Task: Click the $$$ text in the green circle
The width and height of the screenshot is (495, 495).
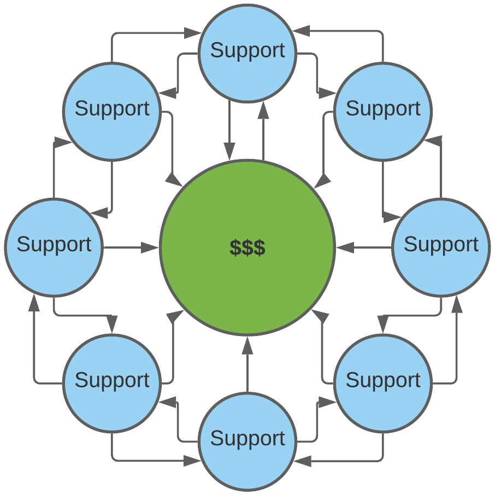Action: (247, 247)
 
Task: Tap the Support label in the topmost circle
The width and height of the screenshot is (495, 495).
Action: (247, 50)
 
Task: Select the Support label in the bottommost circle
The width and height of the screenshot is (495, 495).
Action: (247, 438)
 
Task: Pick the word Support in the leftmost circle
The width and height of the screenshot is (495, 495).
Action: (54, 244)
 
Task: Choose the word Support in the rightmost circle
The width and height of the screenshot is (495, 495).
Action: (441, 244)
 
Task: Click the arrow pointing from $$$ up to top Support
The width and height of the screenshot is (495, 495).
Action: (264, 131)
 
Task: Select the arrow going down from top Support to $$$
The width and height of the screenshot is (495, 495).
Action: (229, 131)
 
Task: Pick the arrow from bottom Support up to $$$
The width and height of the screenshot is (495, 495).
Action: (247, 366)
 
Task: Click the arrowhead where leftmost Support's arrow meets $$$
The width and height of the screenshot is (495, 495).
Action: (150, 248)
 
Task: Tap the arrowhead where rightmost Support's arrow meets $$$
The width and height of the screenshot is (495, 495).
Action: (344, 248)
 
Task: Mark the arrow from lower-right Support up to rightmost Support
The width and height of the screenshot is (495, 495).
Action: (456, 344)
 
